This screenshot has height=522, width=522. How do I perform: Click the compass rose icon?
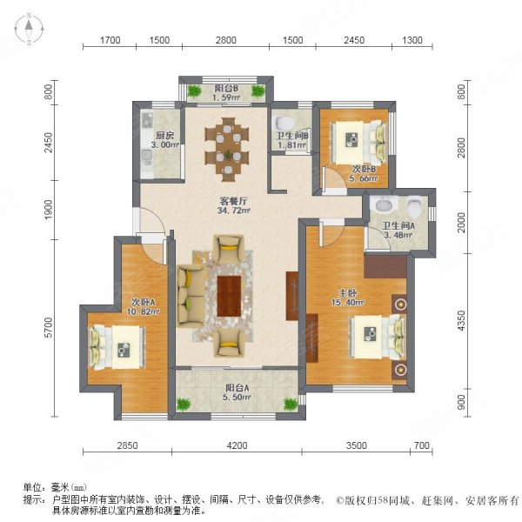point(29,29)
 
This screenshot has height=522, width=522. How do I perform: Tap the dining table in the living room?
point(227,150)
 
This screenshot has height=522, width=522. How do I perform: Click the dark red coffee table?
point(229,297)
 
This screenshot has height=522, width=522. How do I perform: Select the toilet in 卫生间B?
point(284,123)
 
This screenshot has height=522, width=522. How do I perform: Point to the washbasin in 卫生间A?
point(385,204)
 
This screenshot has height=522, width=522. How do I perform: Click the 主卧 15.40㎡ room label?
point(347,298)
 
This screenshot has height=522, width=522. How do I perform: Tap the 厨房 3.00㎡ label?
point(164,140)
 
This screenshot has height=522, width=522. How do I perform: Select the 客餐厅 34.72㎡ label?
point(233,205)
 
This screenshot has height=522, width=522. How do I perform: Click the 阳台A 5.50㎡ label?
point(238,392)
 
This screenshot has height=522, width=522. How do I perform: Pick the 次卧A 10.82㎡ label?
point(144,307)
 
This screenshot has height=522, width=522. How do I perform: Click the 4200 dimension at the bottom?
point(237,445)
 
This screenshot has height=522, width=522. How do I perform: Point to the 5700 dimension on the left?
point(49,328)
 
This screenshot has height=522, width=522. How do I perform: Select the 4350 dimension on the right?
point(461,320)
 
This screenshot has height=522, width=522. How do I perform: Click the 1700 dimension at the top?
point(110,40)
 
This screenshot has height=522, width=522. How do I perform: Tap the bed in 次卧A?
point(117,347)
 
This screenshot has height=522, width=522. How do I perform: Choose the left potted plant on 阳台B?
point(194,90)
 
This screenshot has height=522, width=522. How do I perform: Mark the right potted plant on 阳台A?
point(291,404)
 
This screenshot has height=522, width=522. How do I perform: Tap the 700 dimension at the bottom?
point(422,445)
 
